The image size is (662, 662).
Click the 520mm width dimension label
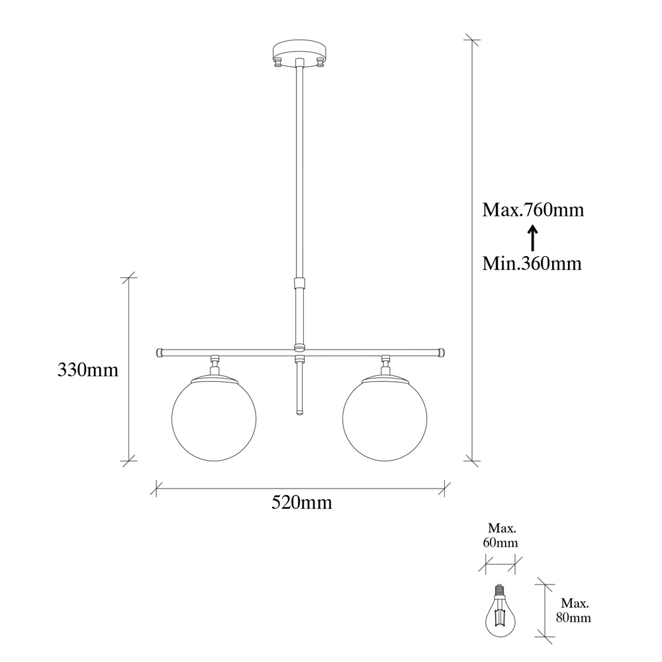tap(301, 502)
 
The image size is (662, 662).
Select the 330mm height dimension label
tap(88, 370)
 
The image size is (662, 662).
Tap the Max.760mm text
tap(533, 210)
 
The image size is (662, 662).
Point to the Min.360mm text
tap(532, 263)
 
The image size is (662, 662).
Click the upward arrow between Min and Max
tap(533, 237)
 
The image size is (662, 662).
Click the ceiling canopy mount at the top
tap(299, 52)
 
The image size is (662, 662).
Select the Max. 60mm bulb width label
tap(500, 536)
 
